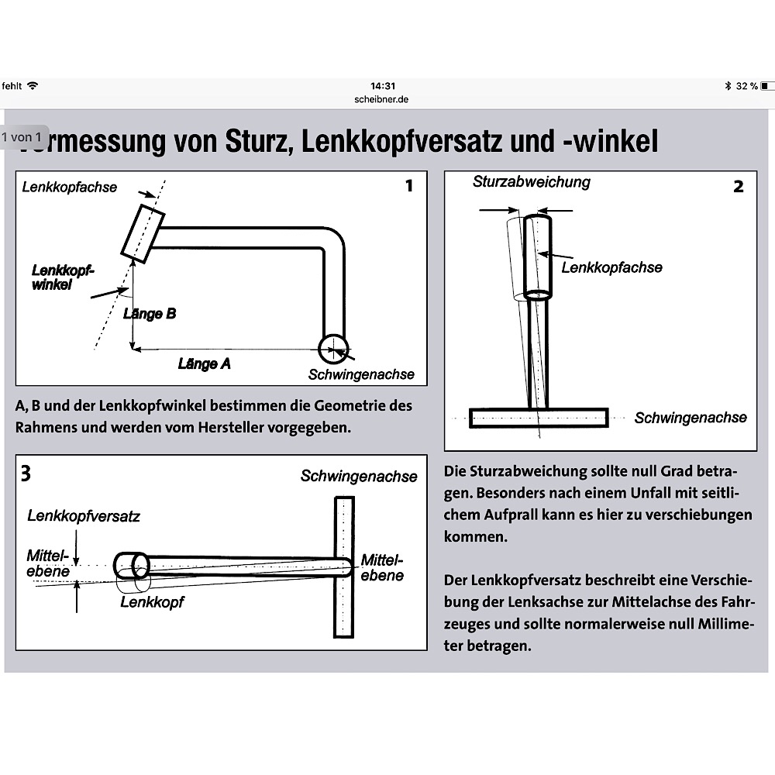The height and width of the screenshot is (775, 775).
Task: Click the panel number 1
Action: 409,186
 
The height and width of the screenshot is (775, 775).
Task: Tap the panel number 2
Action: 738,187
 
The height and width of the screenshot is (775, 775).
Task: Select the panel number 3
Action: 26,473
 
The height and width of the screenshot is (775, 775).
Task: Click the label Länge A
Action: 204,363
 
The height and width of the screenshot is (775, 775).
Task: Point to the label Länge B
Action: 150,314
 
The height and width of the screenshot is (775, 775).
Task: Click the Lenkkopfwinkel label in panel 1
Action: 62,277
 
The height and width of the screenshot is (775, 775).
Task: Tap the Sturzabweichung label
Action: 531,182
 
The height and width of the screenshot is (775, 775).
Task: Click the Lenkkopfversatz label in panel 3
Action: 84,515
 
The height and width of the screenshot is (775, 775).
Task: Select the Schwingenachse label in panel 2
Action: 691,418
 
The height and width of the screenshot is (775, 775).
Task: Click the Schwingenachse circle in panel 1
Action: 332,347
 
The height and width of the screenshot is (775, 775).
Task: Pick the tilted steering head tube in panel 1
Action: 143,230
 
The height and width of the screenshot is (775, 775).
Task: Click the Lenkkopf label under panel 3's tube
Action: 152,601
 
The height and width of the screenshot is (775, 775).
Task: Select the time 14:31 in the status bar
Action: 383,86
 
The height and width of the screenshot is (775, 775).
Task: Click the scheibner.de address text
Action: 383,99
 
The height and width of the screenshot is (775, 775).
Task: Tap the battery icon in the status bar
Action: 766,86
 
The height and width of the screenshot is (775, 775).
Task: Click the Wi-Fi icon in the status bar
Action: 32,86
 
